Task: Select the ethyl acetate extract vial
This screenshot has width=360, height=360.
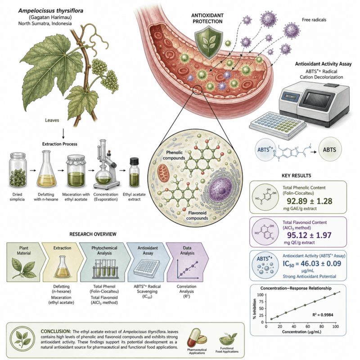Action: click(134, 172)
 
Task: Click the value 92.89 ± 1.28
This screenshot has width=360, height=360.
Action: click(309, 201)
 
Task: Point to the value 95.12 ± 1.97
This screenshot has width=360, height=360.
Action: click(309, 235)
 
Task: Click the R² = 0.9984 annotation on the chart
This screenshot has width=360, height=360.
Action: click(323, 315)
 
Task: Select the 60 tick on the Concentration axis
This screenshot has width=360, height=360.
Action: click(308, 326)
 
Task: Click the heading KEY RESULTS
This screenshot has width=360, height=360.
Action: click(296, 175)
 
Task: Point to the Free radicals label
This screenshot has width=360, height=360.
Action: click(314, 20)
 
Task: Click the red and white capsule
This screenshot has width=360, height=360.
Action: click(193, 338)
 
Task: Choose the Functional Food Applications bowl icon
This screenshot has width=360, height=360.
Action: click(228, 339)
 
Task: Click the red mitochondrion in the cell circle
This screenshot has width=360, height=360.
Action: click(163, 173)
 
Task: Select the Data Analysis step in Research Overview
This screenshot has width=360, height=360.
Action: click(187, 262)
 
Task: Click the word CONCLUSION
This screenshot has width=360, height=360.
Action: click(55, 332)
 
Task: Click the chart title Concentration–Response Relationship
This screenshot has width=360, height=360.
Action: click(296, 288)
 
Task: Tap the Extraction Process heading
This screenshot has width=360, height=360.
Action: click(60, 144)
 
